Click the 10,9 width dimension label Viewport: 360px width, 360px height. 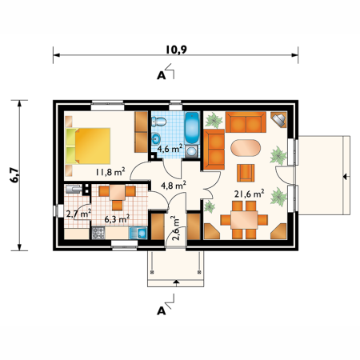176,50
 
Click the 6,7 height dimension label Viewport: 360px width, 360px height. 14,175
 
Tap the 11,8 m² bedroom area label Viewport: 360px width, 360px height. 110,172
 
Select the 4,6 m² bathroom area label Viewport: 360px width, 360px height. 170,148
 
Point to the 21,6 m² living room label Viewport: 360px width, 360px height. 250,194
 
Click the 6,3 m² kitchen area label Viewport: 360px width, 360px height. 117,219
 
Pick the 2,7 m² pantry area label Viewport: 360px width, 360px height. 78,213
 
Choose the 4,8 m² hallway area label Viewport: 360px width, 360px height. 174,185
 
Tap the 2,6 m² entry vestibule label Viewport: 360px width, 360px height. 176,229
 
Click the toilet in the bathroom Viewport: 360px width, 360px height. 158,122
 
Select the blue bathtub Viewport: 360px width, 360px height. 192,128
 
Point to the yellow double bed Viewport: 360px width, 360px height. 88,146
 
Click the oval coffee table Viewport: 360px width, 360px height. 246,147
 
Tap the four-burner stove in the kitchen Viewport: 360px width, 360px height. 98,233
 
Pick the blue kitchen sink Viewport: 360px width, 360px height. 138,233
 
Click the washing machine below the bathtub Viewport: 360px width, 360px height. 192,151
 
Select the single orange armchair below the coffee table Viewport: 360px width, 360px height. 246,173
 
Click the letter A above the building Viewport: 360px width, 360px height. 161,76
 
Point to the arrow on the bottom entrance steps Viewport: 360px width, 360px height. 176,283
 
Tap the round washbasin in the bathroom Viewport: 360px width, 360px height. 156,138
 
